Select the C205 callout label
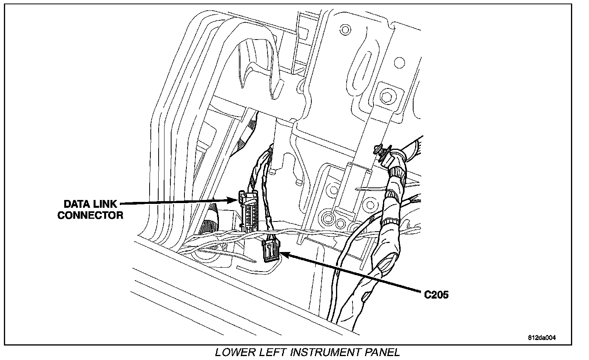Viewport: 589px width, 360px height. [x=436, y=295]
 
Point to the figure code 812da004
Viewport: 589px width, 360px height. [x=542, y=338]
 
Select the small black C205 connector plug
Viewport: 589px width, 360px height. [x=270, y=251]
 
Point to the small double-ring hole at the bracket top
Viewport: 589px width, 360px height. [x=345, y=29]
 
